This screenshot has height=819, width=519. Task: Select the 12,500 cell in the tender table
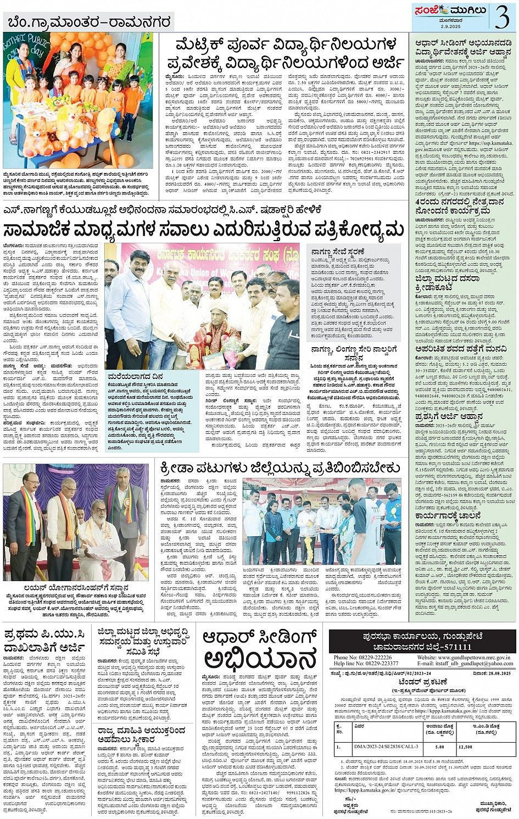point(465,747)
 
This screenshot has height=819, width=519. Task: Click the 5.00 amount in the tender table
point(439,747)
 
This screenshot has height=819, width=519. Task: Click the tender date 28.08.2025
point(499,673)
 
